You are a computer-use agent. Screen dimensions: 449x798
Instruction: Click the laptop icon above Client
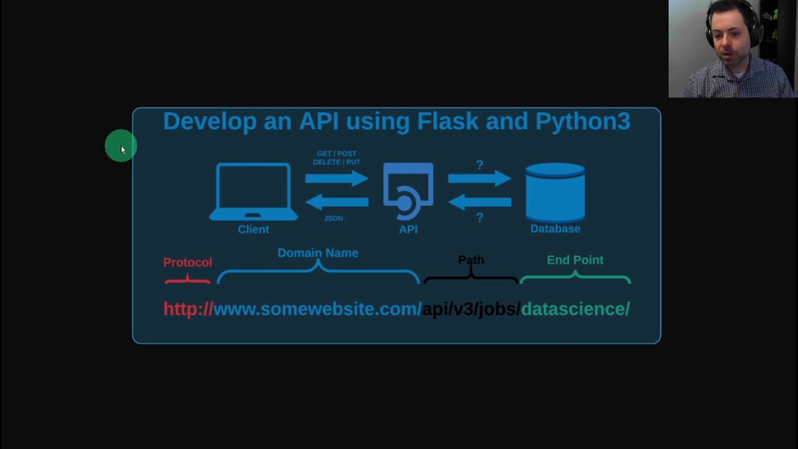point(253,191)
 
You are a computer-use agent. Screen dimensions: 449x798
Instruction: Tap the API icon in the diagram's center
point(408,191)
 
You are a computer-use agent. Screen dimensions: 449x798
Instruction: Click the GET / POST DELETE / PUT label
point(337,158)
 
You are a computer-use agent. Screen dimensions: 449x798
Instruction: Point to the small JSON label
point(334,218)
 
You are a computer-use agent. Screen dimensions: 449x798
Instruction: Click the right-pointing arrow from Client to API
point(337,179)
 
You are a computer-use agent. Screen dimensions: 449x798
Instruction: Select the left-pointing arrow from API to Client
point(337,201)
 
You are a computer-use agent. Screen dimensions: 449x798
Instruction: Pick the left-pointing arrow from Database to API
point(479,201)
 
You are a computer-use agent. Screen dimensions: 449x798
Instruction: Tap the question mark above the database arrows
point(479,165)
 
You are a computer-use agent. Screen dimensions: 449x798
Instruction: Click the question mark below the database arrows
point(479,218)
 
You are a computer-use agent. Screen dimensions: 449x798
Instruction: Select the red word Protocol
point(188,263)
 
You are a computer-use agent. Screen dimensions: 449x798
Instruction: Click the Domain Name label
point(318,253)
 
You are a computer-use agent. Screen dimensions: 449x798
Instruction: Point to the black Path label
point(471,260)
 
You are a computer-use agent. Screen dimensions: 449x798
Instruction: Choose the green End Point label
point(575,260)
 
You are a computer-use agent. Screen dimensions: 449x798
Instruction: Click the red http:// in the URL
point(188,309)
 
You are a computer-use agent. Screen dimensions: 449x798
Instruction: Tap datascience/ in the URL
point(575,309)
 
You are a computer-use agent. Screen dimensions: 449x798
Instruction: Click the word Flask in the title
point(448,121)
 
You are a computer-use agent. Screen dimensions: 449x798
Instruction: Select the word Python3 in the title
point(583,121)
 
